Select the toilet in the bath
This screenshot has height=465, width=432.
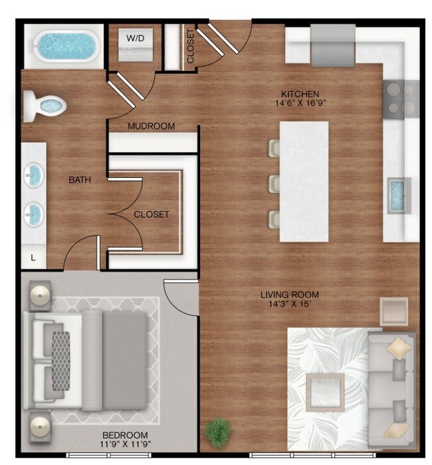tap(44, 105)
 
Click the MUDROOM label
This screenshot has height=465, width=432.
tap(152, 126)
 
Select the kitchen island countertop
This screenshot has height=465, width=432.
tap(304, 181)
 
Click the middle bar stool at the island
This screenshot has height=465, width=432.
tap(273, 183)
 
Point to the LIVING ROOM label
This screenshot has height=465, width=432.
tap(290, 294)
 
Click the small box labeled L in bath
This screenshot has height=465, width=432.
tap(33, 256)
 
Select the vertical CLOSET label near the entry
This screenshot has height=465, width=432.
tap(191, 46)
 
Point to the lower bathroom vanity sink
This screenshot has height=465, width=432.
tap(34, 213)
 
